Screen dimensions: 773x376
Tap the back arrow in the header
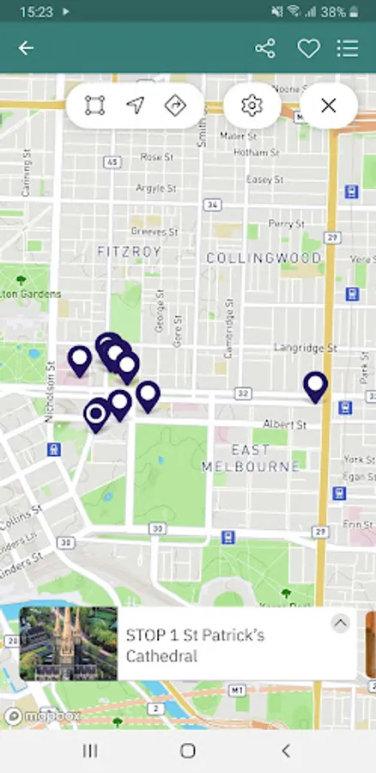click(27, 48)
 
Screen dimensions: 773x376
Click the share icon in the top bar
click(265, 48)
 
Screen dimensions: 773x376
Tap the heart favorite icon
click(308, 48)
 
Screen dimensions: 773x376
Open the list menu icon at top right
click(348, 48)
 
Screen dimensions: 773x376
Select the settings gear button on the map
click(252, 106)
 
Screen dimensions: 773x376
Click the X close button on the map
click(328, 106)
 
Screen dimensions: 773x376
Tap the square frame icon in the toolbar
click(94, 106)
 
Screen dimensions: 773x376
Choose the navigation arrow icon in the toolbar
click(135, 106)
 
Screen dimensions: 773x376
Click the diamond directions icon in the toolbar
click(175, 106)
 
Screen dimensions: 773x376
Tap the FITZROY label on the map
click(130, 252)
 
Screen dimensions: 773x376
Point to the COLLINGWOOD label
click(264, 258)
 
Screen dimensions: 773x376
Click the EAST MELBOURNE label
click(251, 458)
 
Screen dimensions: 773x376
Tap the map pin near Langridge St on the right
click(316, 386)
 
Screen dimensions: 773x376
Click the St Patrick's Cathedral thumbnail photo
click(69, 643)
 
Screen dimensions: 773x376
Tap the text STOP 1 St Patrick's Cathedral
click(196, 645)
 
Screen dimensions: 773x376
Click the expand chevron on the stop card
click(341, 624)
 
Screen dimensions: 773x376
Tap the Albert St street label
click(284, 424)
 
